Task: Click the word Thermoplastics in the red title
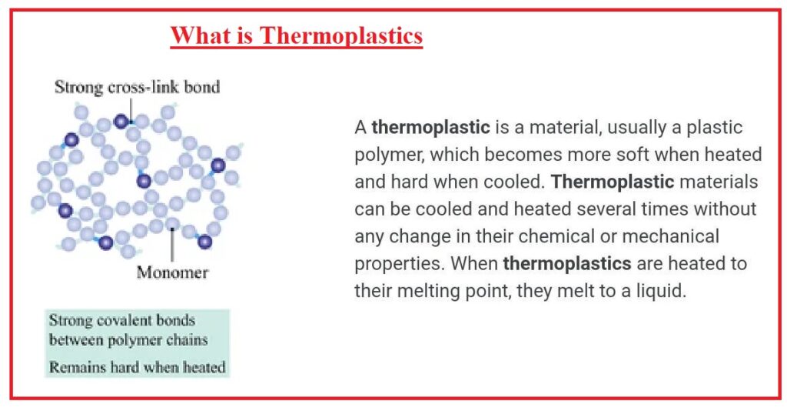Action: coord(340,35)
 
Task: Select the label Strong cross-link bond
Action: coord(137,87)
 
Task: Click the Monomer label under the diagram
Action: coord(172,272)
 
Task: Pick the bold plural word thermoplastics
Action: coord(567,264)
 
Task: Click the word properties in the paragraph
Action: coord(398,264)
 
